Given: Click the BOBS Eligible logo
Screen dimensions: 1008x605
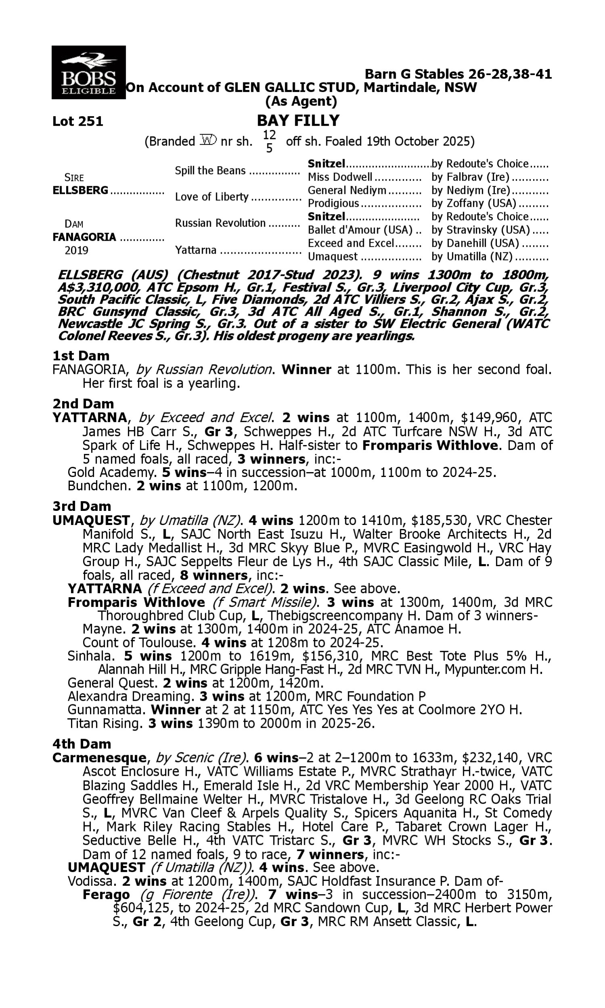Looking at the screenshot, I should [88, 73].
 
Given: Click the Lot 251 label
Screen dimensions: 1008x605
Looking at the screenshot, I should [78, 121].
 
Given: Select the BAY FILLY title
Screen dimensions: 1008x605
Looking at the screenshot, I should [298, 121].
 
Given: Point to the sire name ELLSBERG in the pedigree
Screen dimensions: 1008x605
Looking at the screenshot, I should [81, 191].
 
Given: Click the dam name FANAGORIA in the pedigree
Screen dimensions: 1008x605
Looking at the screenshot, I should [84, 237].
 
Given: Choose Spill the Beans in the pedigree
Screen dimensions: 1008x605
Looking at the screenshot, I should [211, 171].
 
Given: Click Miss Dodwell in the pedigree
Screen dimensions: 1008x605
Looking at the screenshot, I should [340, 177].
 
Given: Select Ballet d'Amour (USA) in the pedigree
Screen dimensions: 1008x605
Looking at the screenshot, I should [361, 230].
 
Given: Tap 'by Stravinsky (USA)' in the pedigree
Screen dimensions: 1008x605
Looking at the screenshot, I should [481, 230].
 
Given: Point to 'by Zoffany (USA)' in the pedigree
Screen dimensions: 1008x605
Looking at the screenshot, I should [474, 203].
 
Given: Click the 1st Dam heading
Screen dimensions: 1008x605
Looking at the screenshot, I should [81, 356].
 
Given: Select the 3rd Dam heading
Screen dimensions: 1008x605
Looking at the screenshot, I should [81, 506].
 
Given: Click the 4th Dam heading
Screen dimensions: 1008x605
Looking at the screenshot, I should [81, 744].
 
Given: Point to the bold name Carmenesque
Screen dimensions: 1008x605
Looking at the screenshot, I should [100, 758].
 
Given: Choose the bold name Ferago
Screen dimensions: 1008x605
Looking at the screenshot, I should [106, 895].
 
